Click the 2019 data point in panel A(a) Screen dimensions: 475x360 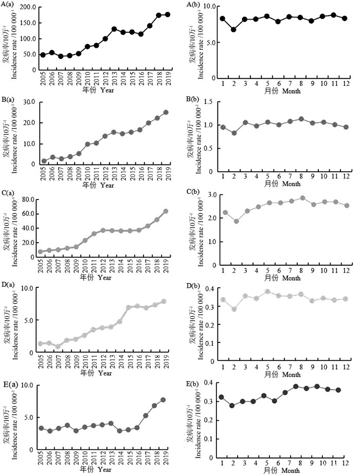click(x=168, y=14)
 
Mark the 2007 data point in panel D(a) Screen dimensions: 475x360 click(x=58, y=346)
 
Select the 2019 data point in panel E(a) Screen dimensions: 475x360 click(x=164, y=399)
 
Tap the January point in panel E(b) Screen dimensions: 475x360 click(x=222, y=397)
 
